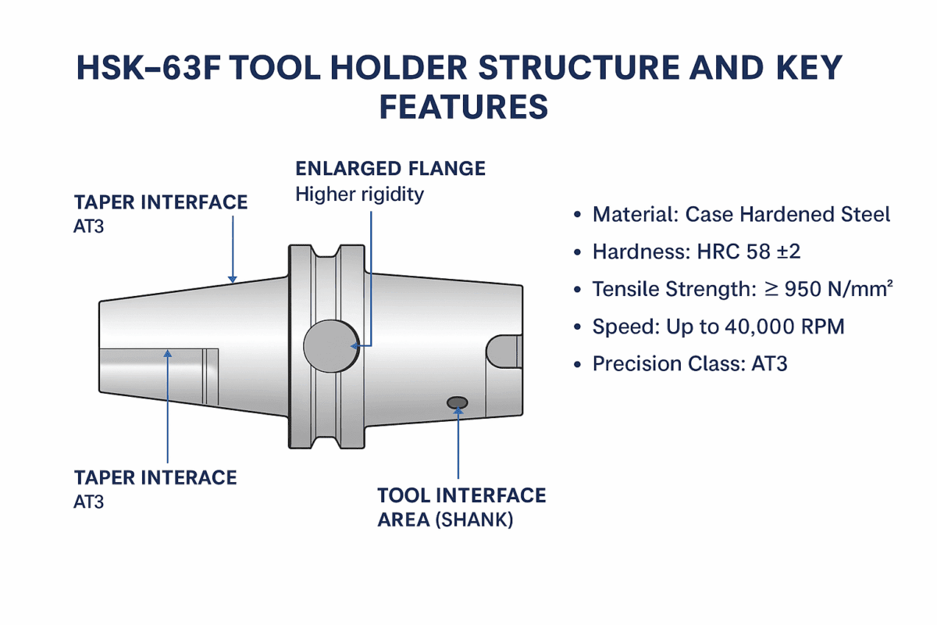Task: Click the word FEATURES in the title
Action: tap(463, 108)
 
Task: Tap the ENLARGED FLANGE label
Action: tap(390, 168)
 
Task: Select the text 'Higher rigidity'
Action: tap(358, 194)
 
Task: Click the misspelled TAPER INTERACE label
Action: tap(155, 477)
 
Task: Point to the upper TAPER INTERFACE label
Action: tap(160, 202)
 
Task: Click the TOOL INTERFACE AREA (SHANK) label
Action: tap(461, 507)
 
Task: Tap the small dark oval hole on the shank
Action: tap(457, 402)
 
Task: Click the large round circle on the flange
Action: tap(330, 345)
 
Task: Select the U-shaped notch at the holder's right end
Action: tap(504, 351)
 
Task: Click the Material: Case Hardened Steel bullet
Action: tap(740, 214)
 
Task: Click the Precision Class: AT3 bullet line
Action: tap(689, 364)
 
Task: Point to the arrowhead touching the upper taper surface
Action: tap(232, 277)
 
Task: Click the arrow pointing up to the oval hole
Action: tap(458, 445)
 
